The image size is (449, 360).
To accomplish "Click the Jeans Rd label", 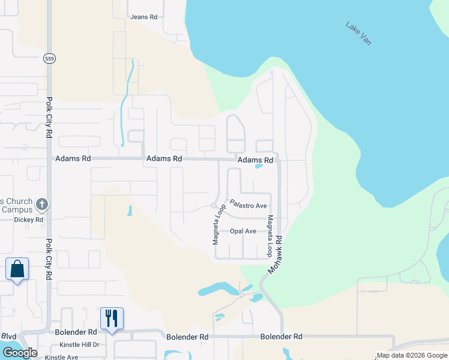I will point(143,17).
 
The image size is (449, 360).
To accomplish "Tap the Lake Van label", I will point(358,34).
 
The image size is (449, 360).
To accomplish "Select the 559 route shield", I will point(49,58).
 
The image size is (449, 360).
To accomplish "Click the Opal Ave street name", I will point(243,231).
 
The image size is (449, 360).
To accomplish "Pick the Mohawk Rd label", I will point(275,254).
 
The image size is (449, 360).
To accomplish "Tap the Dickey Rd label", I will point(29,220).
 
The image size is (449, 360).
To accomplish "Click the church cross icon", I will point(42,205).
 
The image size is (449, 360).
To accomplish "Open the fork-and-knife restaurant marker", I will point(112,318).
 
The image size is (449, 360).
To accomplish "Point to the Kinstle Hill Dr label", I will point(79,346).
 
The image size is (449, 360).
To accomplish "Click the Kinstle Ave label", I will point(61,357).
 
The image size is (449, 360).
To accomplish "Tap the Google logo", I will point(20,353).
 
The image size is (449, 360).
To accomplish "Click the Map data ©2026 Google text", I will point(412,355).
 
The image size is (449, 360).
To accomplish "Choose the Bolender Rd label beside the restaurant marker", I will point(76,332).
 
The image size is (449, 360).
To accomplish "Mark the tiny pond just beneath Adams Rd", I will point(259,167).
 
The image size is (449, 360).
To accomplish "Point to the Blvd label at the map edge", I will point(8,336).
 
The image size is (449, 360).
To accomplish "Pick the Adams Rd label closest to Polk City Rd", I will point(73,159).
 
